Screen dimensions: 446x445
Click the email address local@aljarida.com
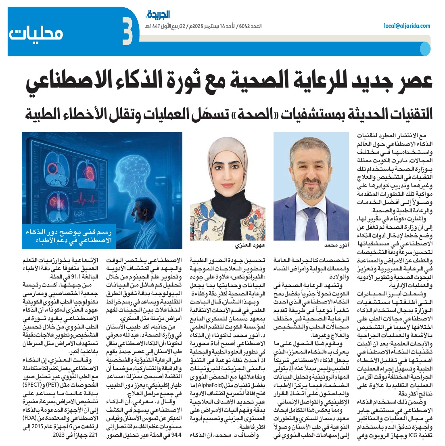point(407,26)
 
